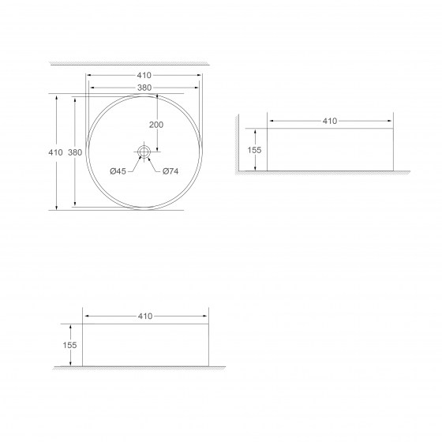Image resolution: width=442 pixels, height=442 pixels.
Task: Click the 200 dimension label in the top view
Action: coord(156,125)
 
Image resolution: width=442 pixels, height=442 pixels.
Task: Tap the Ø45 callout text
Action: coord(118,171)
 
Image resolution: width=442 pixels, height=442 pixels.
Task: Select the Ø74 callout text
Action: coord(170,171)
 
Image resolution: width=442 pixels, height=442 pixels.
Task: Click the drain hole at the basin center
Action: coord(144,152)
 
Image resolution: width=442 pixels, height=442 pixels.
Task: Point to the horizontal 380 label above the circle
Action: coord(144,88)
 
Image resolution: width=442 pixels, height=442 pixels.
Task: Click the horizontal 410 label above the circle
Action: coord(144,75)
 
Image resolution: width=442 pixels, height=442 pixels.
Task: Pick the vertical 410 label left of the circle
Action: coord(55,152)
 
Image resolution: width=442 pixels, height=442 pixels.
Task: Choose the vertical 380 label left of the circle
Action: coord(75,152)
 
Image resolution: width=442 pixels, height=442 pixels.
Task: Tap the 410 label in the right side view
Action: coord(330,121)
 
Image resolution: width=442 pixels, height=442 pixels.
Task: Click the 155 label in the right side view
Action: coord(254,150)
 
